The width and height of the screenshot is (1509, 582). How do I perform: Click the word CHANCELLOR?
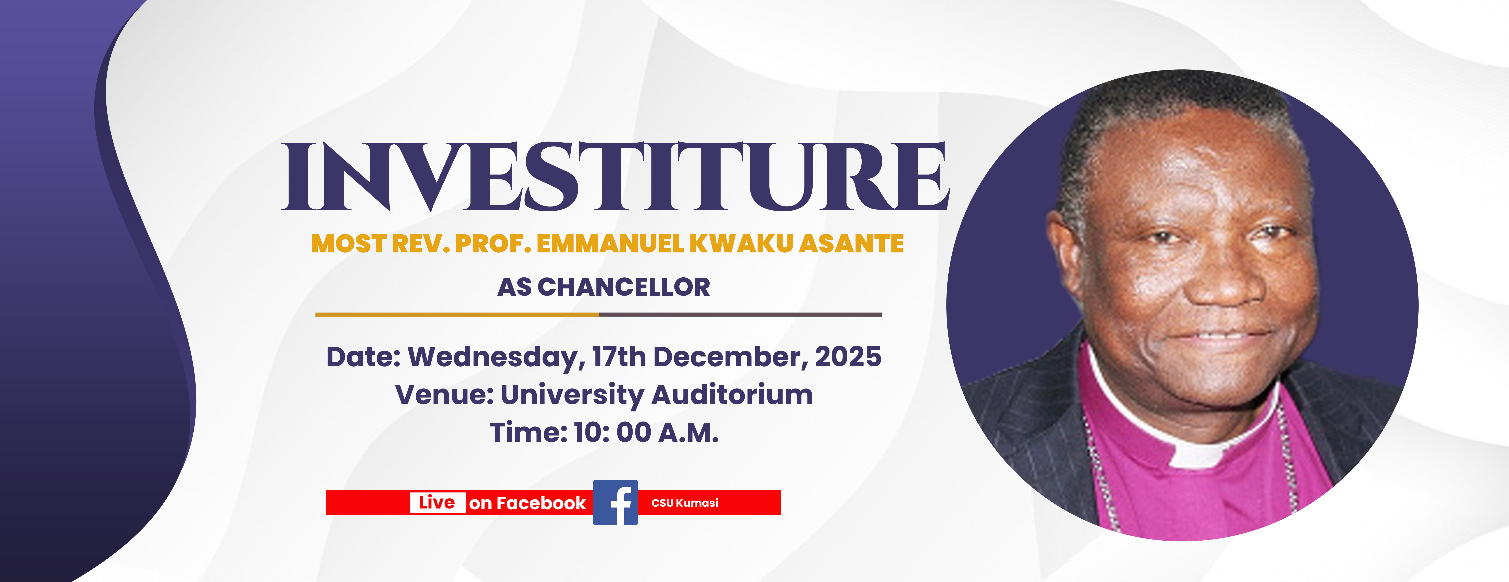coord(624,287)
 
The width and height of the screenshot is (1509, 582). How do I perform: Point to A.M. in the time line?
coord(688,433)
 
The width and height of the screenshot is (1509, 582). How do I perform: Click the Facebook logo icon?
coord(615,502)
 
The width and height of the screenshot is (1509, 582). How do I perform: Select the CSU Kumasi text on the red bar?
coord(685,503)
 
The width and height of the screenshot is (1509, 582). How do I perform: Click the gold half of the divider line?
coord(457,314)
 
